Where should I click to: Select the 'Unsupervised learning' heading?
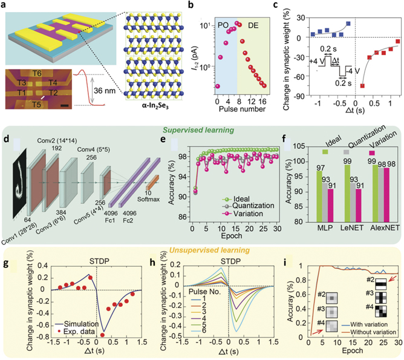[201, 241]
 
